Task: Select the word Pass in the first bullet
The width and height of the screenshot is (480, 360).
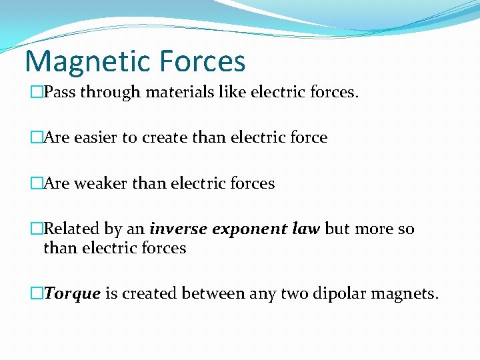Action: coord(58,92)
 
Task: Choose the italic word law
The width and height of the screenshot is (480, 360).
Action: coord(306,229)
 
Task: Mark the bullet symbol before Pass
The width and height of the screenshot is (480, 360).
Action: coord(37,92)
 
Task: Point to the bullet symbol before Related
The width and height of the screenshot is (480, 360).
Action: coord(37,229)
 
